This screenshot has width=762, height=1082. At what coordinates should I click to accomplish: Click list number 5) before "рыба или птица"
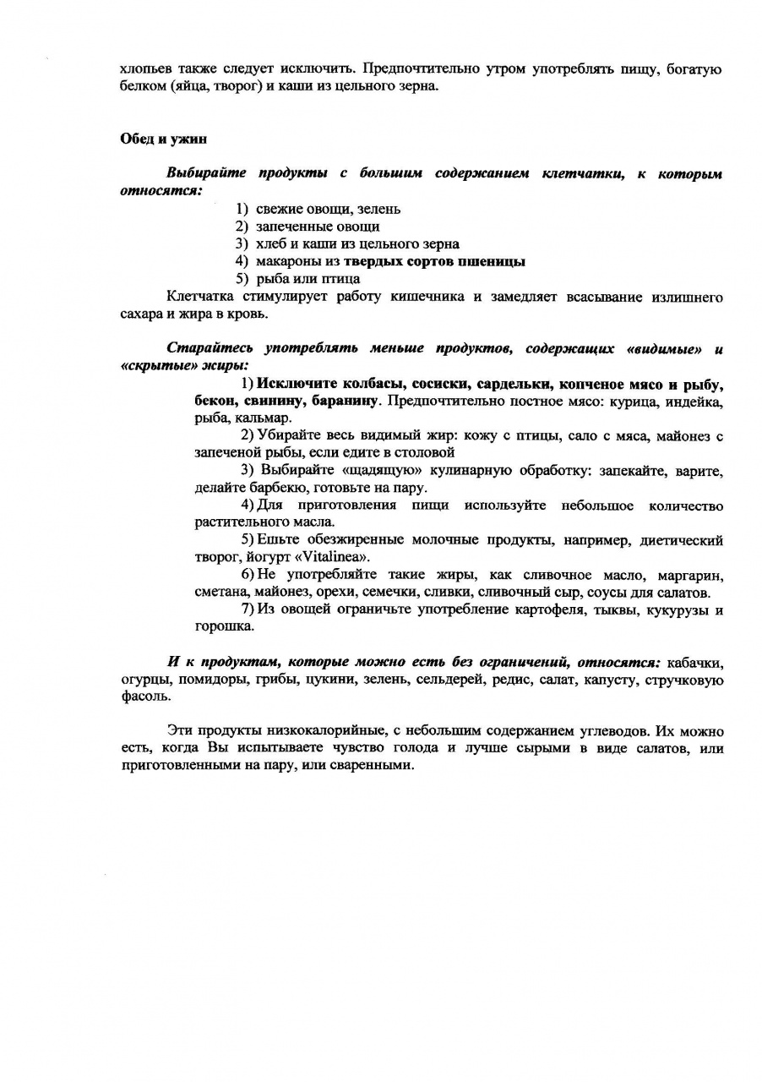click(x=242, y=279)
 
